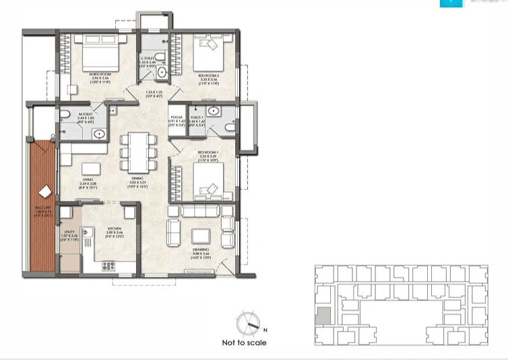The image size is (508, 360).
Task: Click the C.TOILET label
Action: (148, 58)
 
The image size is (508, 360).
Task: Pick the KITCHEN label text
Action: (113, 229)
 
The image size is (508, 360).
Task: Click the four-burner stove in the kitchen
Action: (108, 266)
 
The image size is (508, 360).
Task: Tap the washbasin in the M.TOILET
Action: (99, 133)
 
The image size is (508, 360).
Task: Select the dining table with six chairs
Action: (137, 151)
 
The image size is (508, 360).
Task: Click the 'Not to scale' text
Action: (244, 342)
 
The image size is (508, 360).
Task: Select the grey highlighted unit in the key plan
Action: (324, 316)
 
